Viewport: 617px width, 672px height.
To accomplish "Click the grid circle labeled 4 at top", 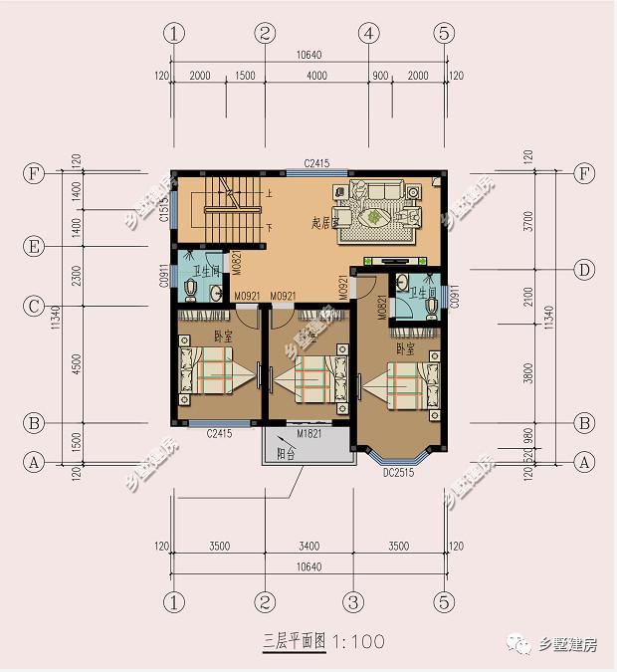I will (369, 33).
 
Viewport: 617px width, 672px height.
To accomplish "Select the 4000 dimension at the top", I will (316, 76).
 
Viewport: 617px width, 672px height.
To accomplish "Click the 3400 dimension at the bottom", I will (308, 547).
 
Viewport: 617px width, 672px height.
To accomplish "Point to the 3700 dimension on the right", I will (528, 222).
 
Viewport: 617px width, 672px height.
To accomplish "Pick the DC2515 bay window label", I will (398, 472).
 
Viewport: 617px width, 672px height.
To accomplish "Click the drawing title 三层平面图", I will (295, 641).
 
